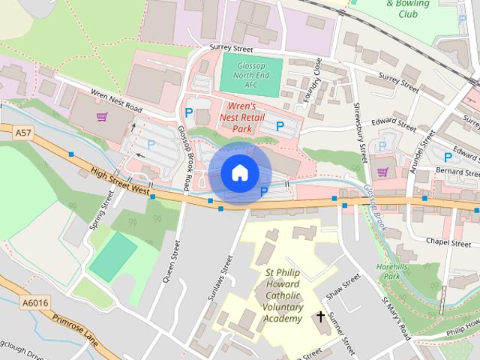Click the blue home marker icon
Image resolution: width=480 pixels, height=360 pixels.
click(239, 173)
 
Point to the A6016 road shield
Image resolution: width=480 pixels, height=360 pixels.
click(34, 301)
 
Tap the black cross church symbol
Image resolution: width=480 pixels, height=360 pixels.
click(321, 316)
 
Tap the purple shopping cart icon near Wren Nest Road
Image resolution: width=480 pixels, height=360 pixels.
click(103, 117)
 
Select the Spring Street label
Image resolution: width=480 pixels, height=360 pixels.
click(100, 210)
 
